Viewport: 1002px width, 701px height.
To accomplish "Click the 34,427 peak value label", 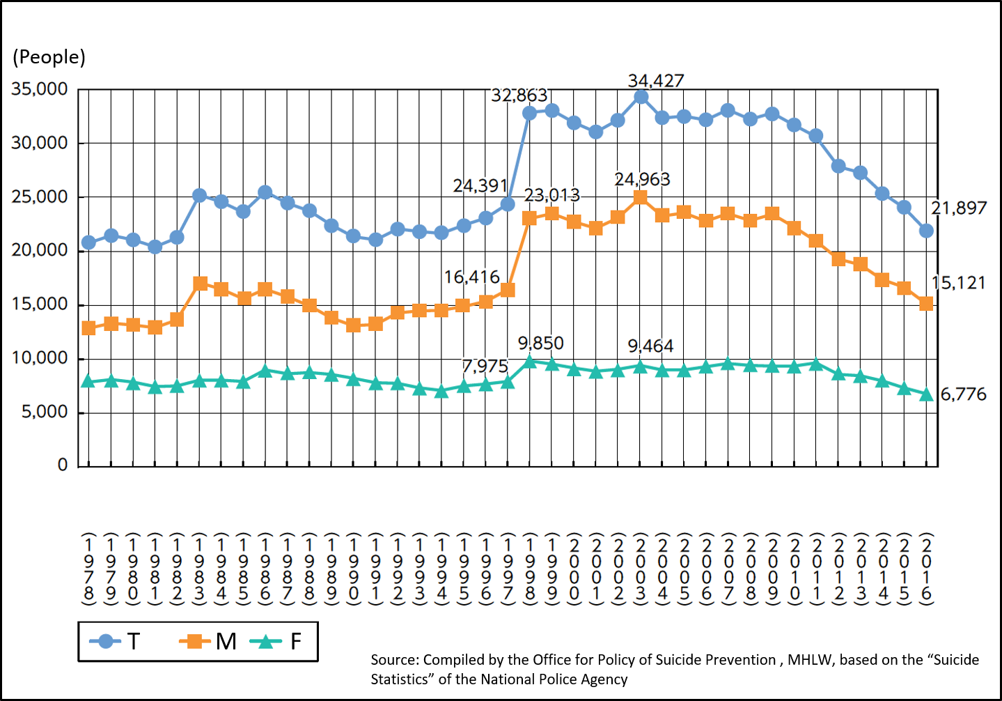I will tap(656, 81).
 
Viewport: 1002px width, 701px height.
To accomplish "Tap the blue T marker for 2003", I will tap(641, 97).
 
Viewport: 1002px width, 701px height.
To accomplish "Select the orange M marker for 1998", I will tap(530, 218).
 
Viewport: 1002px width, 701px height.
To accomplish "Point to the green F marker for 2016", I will tap(926, 395).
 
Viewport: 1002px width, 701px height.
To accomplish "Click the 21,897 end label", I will tap(959, 208).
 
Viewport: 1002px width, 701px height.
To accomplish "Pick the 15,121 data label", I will tap(959, 283).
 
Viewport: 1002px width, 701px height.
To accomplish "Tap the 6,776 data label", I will tap(963, 394).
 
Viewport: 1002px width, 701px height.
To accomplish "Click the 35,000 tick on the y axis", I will tap(40, 89).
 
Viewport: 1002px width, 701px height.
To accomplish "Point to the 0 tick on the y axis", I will tap(63, 465).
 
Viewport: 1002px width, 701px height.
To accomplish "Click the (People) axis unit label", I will tap(49, 57).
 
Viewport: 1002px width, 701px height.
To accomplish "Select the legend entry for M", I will tap(209, 641).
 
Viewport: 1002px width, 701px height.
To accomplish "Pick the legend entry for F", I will tap(279, 641).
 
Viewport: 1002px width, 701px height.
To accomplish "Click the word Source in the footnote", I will tap(394, 660).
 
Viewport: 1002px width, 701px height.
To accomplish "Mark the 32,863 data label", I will tap(519, 95).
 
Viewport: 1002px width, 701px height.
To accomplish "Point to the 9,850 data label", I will tap(540, 343).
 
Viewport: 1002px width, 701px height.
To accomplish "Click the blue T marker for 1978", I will tap(88, 242).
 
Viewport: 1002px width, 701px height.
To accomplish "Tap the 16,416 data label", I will tap(472, 277).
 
